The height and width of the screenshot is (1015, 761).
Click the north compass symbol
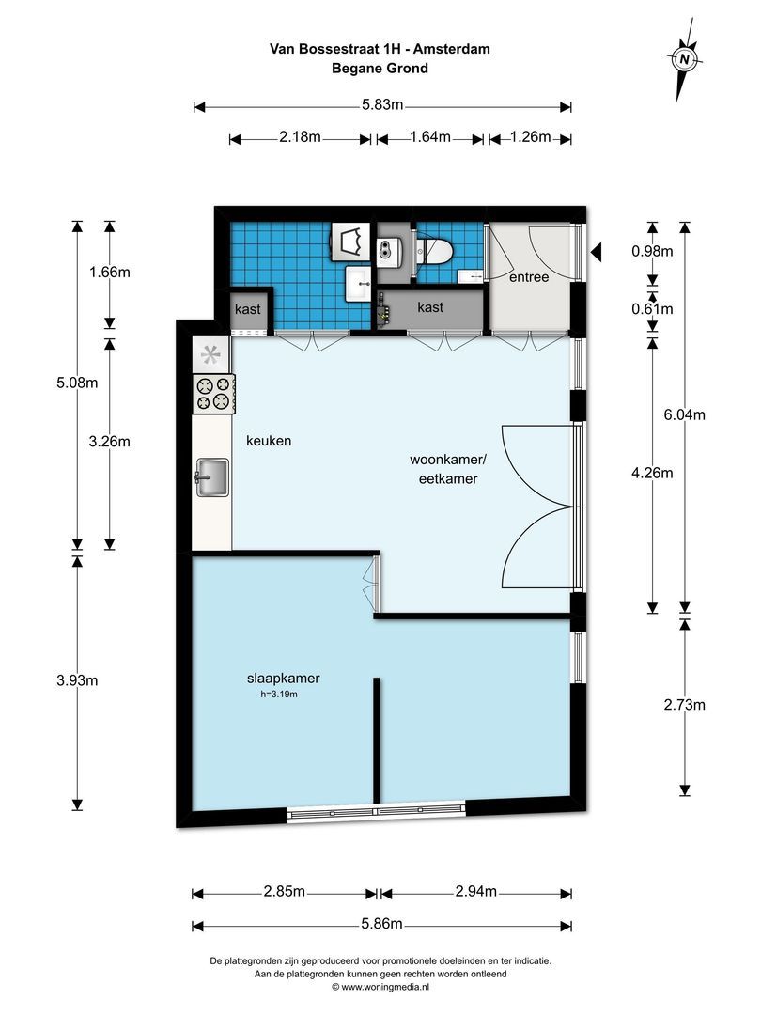(x=686, y=60)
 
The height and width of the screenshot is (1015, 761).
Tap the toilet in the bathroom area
(x=435, y=251)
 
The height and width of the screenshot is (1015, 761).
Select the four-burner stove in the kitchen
(x=212, y=393)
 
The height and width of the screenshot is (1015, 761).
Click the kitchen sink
(x=212, y=476)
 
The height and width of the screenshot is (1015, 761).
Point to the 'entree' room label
(x=528, y=278)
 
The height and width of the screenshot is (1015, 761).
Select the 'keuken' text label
(x=270, y=440)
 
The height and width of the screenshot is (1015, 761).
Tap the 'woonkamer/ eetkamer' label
(x=443, y=469)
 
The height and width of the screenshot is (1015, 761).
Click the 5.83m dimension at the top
(x=382, y=105)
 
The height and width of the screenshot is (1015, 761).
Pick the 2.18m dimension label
(x=300, y=138)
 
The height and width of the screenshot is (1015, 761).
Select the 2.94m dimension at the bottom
(x=474, y=891)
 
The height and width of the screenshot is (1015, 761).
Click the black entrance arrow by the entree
(x=595, y=252)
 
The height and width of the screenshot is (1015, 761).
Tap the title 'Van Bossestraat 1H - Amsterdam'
(x=380, y=49)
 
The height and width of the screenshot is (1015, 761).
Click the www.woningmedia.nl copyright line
(x=380, y=987)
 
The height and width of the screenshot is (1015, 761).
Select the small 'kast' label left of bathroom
(x=248, y=309)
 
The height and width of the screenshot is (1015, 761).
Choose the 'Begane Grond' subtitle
(x=380, y=68)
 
